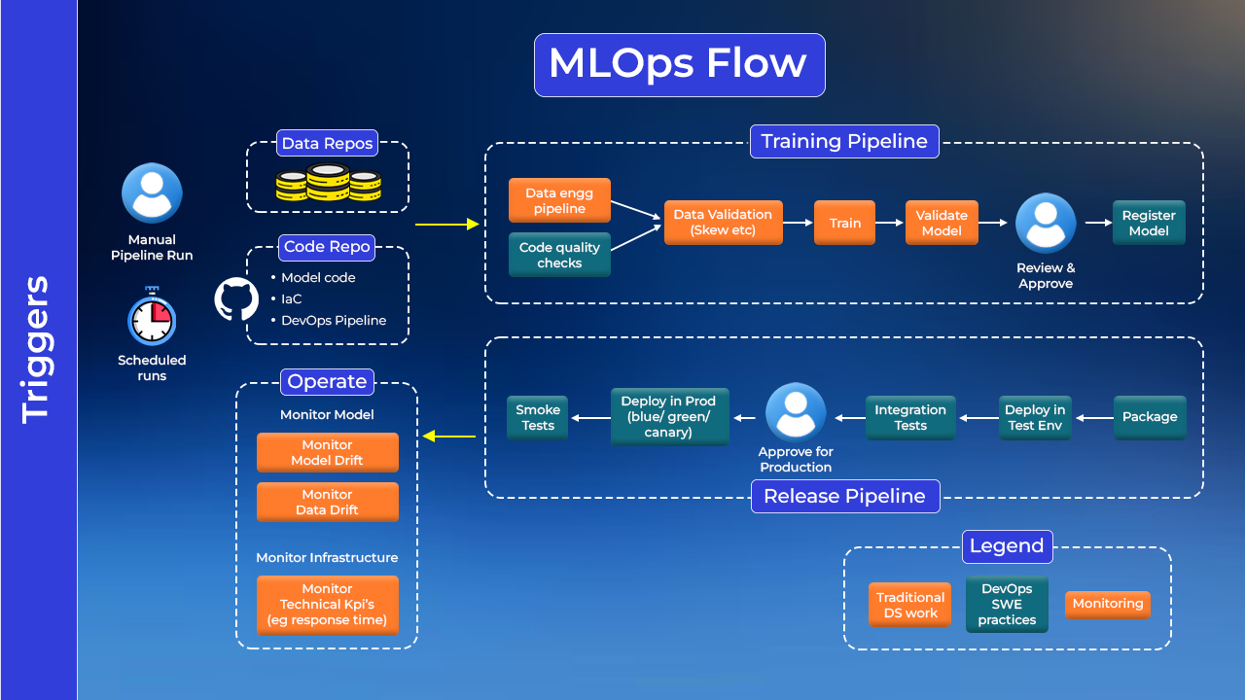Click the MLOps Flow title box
tap(679, 64)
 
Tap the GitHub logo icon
tap(236, 299)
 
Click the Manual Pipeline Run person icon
tap(152, 192)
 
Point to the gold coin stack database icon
tap(327, 182)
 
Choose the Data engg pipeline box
tap(559, 200)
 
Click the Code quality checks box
tap(559, 255)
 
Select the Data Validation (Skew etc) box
tap(723, 223)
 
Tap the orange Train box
tap(844, 223)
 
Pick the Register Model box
tap(1149, 223)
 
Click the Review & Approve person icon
tap(1046, 224)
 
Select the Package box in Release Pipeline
tap(1150, 417)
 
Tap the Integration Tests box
tap(910, 417)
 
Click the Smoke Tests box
tap(538, 417)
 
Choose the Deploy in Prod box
tap(669, 416)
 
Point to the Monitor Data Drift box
tap(327, 502)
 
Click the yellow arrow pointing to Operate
tap(448, 437)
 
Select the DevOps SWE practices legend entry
tap(1007, 604)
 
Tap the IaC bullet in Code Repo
tap(292, 298)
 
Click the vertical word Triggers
tap(36, 349)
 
